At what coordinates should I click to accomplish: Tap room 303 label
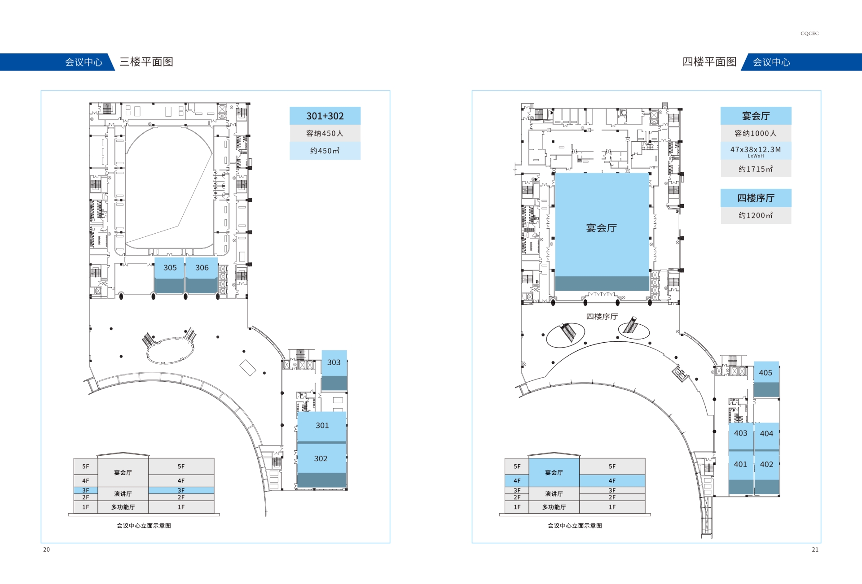pos(334,362)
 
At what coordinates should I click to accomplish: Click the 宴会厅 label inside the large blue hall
pos(601,228)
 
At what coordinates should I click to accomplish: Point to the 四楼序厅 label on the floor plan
pos(602,317)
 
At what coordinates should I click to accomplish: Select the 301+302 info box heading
pos(325,116)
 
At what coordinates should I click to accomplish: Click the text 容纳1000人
pos(756,133)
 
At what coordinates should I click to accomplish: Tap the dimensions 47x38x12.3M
pos(756,149)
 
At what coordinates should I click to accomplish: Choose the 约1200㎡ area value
pos(756,215)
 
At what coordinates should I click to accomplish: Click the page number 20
pos(46,549)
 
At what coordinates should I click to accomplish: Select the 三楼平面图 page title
pos(146,62)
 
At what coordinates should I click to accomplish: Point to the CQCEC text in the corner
pos(809,33)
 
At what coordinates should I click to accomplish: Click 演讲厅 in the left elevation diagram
pos(123,494)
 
